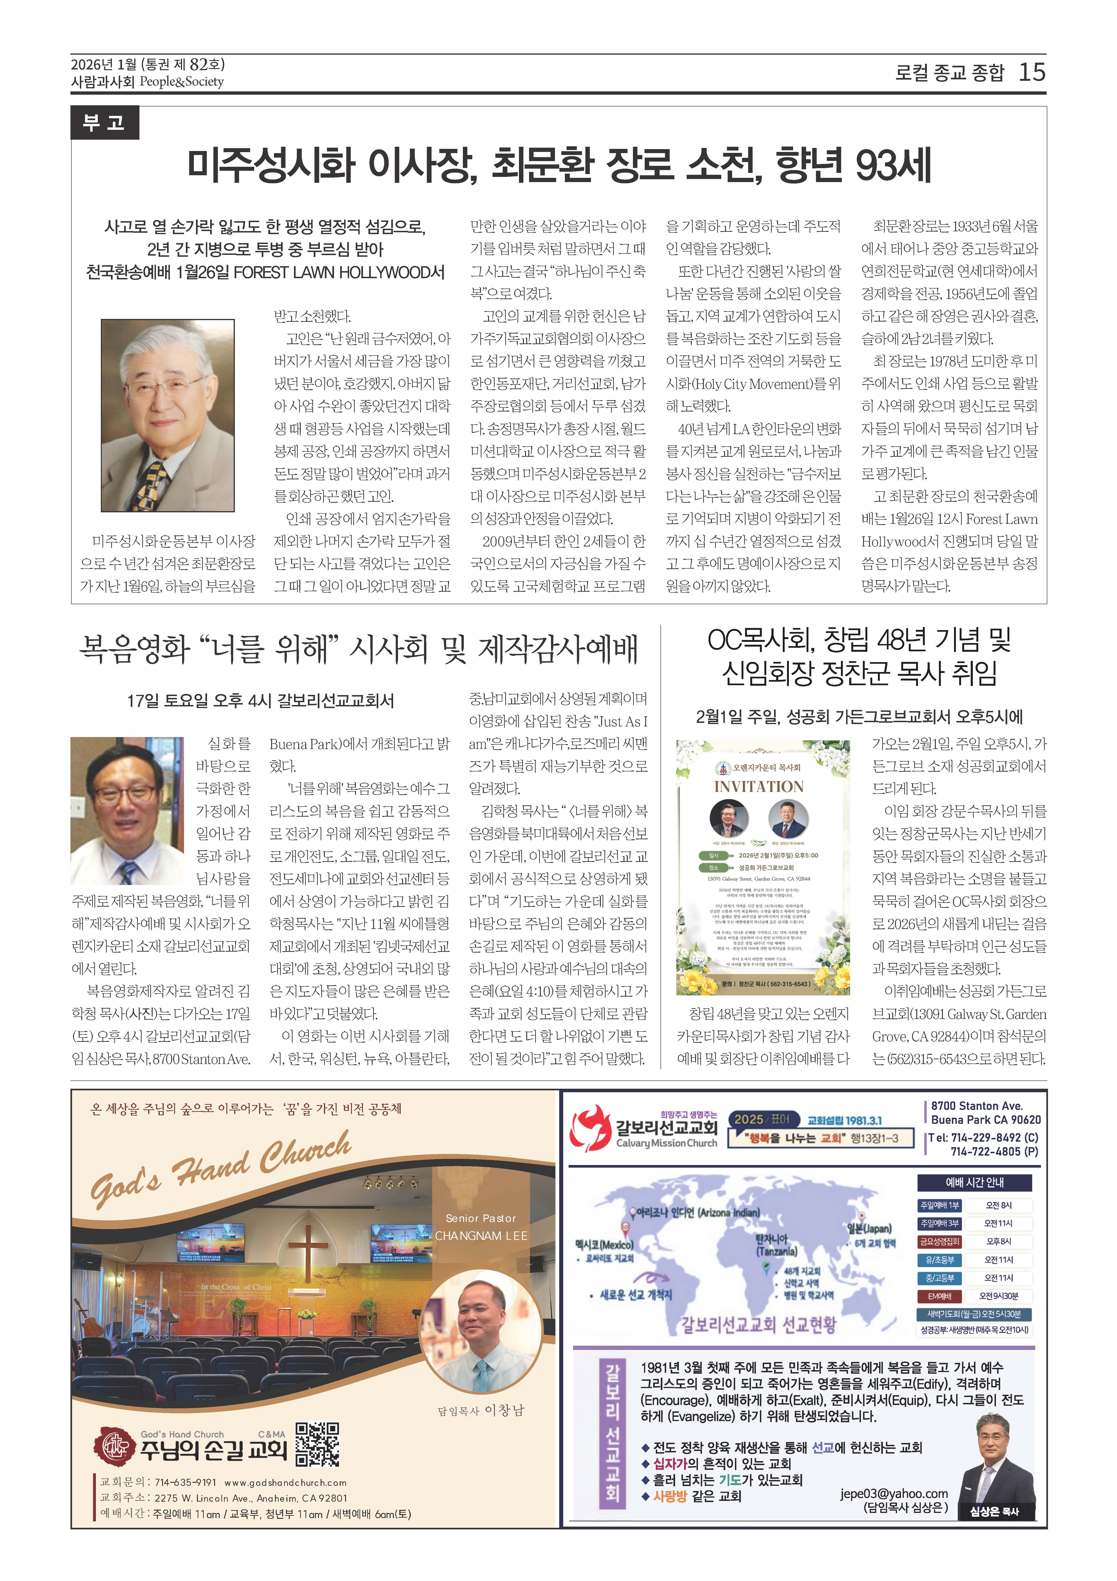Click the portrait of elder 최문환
click(x=167, y=415)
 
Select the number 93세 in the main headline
click(x=893, y=165)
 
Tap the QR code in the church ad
click(x=318, y=1444)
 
